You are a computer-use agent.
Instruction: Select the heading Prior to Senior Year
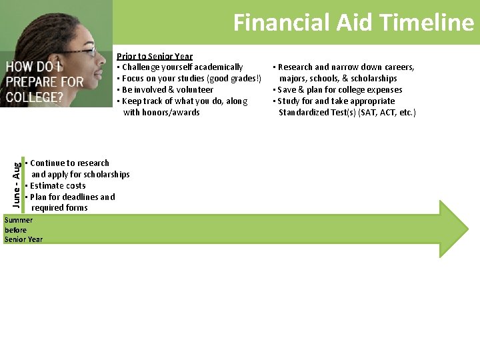155,57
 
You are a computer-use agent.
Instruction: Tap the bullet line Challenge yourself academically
181,67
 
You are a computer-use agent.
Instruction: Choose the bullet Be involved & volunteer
167,90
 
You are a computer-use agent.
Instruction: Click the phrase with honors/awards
161,113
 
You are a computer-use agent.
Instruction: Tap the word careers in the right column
398,67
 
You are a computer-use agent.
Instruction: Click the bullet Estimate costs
57,186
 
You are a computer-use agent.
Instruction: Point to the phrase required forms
59,208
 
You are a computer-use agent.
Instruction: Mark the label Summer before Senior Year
23,230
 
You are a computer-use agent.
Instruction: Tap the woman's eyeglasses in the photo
87,51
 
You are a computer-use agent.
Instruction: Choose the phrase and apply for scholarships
81,175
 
